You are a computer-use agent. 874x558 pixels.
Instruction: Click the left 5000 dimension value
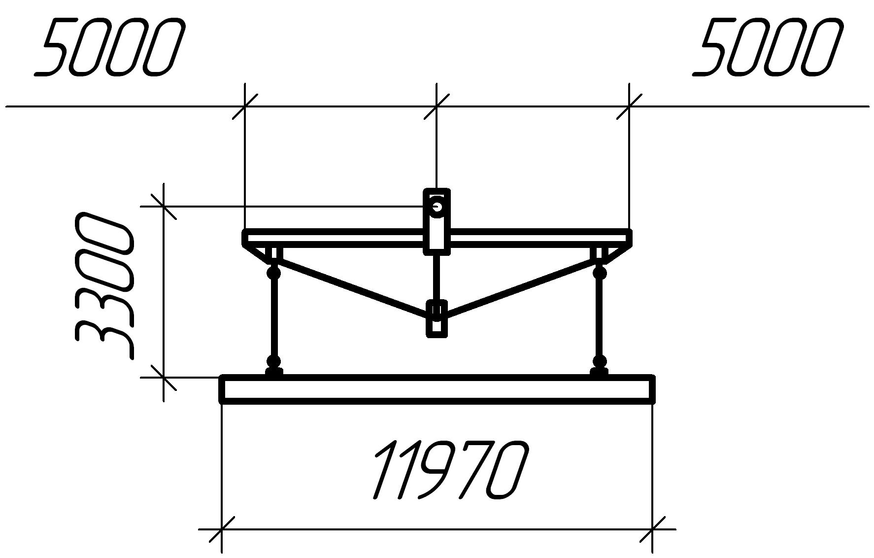[109, 47]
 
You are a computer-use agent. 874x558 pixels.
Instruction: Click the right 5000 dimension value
[767, 47]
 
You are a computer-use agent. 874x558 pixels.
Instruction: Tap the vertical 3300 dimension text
[103, 286]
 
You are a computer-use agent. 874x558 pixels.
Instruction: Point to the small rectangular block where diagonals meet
[437, 318]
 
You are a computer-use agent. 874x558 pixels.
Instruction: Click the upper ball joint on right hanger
[600, 272]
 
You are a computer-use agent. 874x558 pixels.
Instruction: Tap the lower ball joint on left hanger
[273, 361]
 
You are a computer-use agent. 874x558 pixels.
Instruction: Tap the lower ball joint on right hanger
[600, 361]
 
